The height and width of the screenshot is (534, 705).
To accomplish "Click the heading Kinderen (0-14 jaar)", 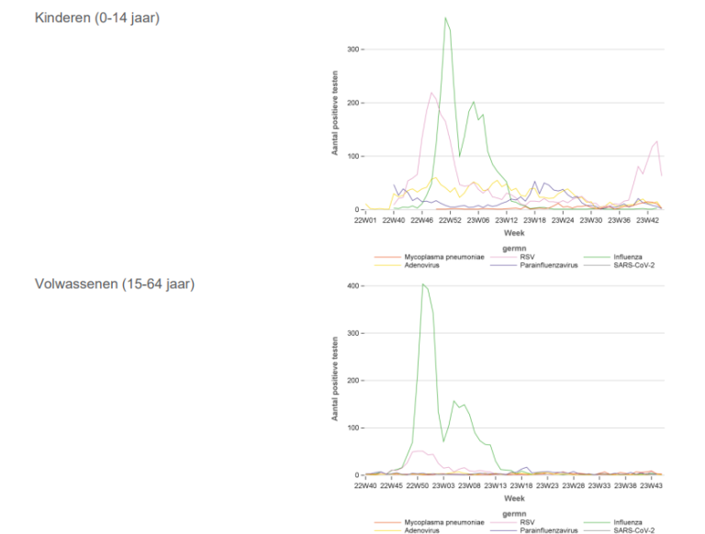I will pyautogui.click(x=96, y=17).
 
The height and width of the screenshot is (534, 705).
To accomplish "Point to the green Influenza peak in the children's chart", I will pyautogui.click(x=445, y=18).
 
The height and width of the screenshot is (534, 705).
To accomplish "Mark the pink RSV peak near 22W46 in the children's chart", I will pyautogui.click(x=431, y=93).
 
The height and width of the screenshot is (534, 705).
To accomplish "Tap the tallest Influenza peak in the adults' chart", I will pyautogui.click(x=423, y=284).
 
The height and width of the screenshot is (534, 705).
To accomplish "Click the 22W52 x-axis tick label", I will pyautogui.click(x=450, y=220).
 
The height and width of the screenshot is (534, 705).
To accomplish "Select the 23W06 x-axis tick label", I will pyautogui.click(x=478, y=220).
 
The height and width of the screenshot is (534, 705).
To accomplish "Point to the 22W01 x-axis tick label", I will pyautogui.click(x=366, y=220).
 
